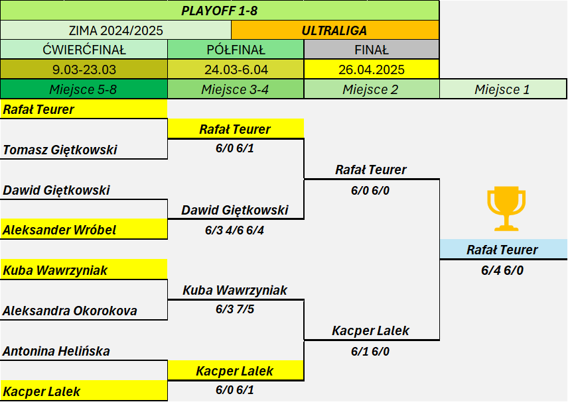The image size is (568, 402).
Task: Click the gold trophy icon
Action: (506, 209)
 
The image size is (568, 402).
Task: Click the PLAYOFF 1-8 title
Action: (219, 11)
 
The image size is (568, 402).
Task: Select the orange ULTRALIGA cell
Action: (335, 30)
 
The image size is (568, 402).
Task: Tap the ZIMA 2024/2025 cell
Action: (115, 30)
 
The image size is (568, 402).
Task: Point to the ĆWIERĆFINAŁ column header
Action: (84, 50)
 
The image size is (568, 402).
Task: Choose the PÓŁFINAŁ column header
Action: (236, 50)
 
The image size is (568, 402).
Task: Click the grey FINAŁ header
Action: (372, 50)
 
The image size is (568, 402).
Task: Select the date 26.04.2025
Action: (372, 70)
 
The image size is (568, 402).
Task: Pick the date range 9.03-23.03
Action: (84, 70)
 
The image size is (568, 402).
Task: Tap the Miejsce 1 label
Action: (502, 89)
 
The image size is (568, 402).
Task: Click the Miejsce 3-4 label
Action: (235, 89)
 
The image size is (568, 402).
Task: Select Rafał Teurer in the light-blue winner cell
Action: (502, 250)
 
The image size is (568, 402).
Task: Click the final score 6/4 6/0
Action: (502, 270)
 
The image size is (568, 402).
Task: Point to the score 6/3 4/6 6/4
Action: (234, 230)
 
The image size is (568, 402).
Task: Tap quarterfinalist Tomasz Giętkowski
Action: (60, 150)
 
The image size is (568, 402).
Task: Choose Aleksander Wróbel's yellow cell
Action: (84, 229)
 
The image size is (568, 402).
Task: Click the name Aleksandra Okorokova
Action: (70, 311)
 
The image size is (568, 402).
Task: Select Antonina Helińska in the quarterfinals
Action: (56, 351)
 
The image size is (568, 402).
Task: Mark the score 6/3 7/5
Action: (235, 309)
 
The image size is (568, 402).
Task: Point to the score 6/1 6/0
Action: (370, 351)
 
